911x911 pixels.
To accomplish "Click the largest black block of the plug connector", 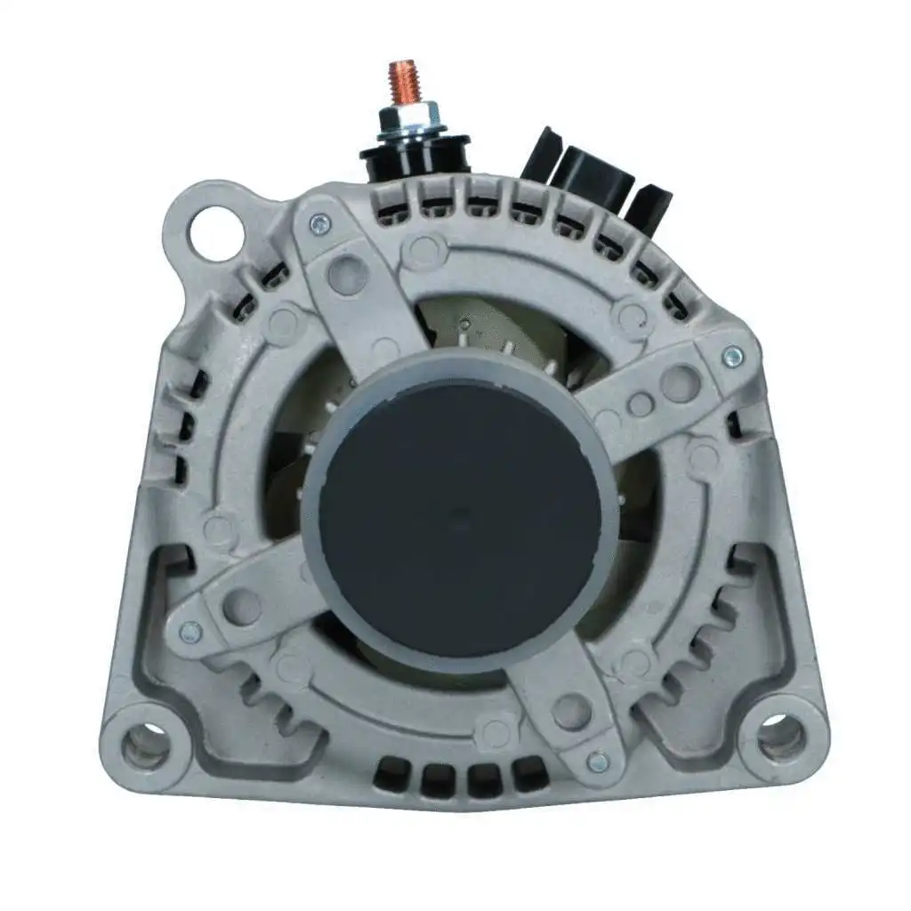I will point(592,174).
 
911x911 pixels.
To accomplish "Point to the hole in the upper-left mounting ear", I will point(216,232).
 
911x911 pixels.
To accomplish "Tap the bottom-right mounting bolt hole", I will point(782,736).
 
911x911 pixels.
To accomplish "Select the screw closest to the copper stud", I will point(318,225).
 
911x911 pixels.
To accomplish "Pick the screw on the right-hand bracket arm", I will point(732,357).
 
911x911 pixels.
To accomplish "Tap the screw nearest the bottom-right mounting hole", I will point(599,762).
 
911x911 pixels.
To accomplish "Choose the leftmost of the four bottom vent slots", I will point(392,778).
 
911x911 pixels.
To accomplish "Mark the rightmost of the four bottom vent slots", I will point(531,772).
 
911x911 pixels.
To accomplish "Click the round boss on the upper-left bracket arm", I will point(347,272).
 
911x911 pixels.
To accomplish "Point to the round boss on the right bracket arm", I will point(680,383).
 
